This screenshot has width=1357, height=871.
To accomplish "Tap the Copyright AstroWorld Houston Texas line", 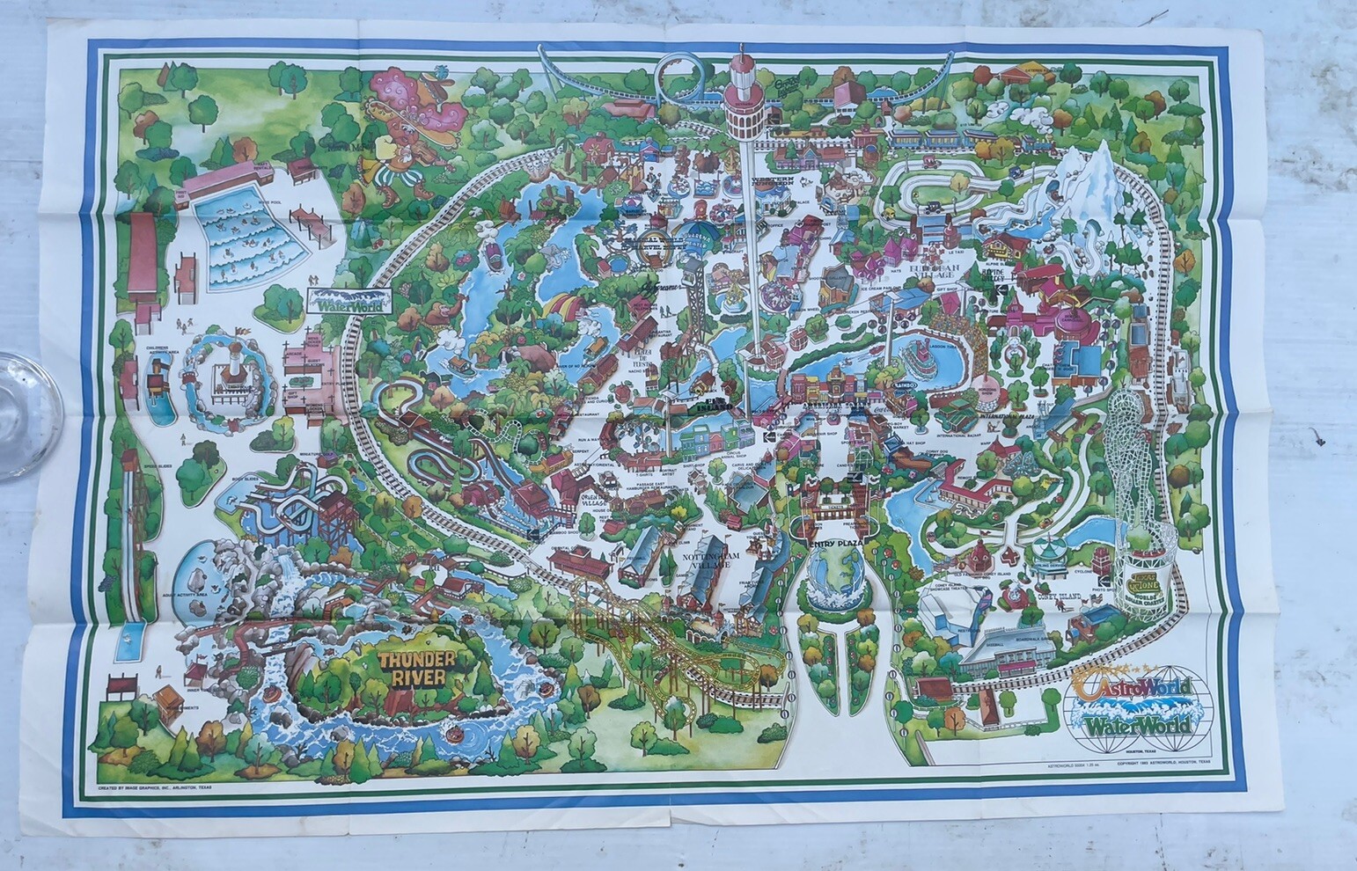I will [x=1163, y=763].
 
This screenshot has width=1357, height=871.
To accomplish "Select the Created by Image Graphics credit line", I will [x=156, y=787].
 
